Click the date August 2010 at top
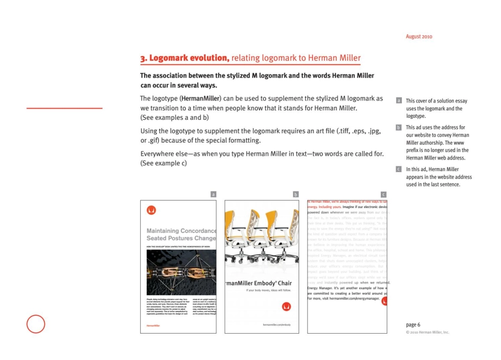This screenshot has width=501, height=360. click(x=419, y=37)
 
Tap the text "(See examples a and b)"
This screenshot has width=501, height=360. click(x=174, y=117)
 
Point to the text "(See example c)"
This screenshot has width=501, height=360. click(x=163, y=163)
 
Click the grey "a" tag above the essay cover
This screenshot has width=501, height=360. click(x=213, y=194)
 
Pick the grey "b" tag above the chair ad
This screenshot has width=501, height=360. click(x=296, y=194)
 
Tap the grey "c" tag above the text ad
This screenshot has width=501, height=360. click(x=383, y=194)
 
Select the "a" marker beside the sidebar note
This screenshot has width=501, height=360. click(x=399, y=100)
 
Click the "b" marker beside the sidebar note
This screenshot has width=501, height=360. click(x=399, y=128)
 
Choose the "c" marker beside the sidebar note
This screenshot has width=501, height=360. click(x=399, y=169)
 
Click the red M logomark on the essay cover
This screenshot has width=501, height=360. click(x=151, y=210)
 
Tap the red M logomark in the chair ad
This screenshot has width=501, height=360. click(x=286, y=306)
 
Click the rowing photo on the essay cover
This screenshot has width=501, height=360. click(x=178, y=272)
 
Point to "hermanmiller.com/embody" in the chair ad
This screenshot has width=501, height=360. click(x=276, y=325)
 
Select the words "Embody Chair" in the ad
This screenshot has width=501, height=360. click(x=271, y=283)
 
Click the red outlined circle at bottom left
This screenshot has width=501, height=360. click(x=36, y=324)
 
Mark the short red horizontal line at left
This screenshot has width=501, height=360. click(x=64, y=108)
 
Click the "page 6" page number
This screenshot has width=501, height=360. click(x=413, y=324)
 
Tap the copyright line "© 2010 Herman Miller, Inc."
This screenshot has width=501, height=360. click(x=427, y=332)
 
